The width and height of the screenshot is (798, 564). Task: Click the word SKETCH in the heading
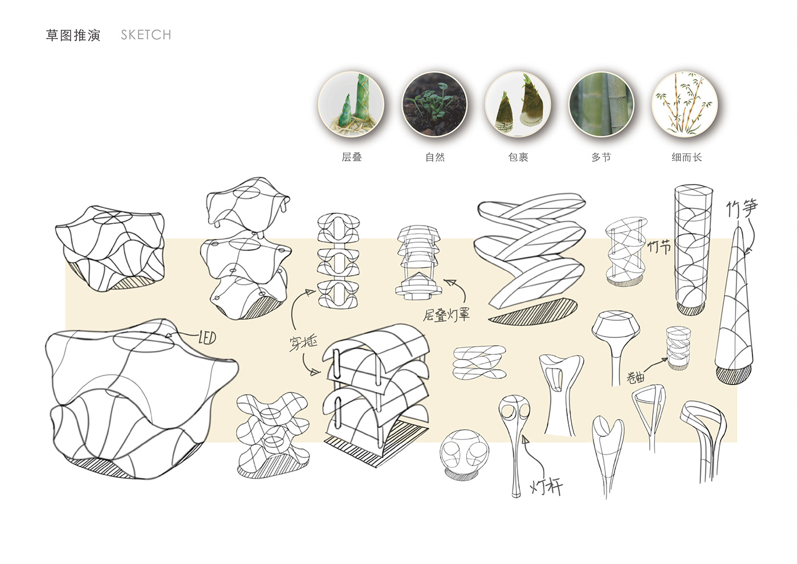pyautogui.click(x=146, y=35)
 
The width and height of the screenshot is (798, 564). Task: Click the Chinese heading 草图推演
pyautogui.click(x=73, y=35)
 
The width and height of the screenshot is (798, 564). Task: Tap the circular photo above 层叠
pyautogui.click(x=351, y=104)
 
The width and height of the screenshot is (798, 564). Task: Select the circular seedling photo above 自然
pyautogui.click(x=434, y=104)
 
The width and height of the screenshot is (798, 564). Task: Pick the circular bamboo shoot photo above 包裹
pyautogui.click(x=518, y=104)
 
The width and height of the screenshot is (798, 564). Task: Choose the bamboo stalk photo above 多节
pyautogui.click(x=601, y=104)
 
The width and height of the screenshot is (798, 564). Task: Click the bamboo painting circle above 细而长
pyautogui.click(x=685, y=104)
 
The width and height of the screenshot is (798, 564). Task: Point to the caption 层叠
pyautogui.click(x=352, y=157)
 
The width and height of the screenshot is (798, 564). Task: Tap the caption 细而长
pyautogui.click(x=687, y=157)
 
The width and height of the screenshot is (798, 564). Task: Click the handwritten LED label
pyautogui.click(x=207, y=337)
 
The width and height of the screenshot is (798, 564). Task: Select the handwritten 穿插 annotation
pyautogui.click(x=303, y=344)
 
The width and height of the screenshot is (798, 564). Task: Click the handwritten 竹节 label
pyautogui.click(x=659, y=247)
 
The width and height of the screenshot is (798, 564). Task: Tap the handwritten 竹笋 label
pyautogui.click(x=742, y=209)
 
